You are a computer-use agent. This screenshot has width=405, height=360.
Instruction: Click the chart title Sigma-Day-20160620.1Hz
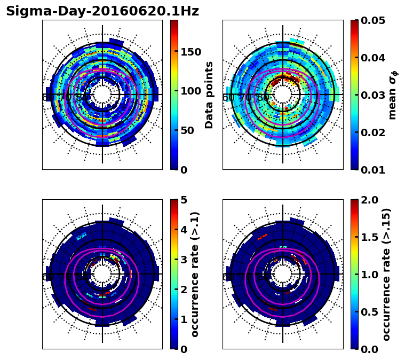click(102, 11)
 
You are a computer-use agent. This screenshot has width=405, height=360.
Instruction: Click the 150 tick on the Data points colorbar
click(191, 52)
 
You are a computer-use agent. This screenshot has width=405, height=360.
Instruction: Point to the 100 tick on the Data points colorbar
click(191, 91)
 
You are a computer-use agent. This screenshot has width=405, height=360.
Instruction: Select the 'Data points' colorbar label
click(209, 95)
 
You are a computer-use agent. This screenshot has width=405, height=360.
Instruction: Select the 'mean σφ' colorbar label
click(392, 95)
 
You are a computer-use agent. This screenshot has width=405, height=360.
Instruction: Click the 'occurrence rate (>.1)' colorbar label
click(195, 274)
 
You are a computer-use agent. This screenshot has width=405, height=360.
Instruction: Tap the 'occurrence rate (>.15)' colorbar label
click(386, 274)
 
